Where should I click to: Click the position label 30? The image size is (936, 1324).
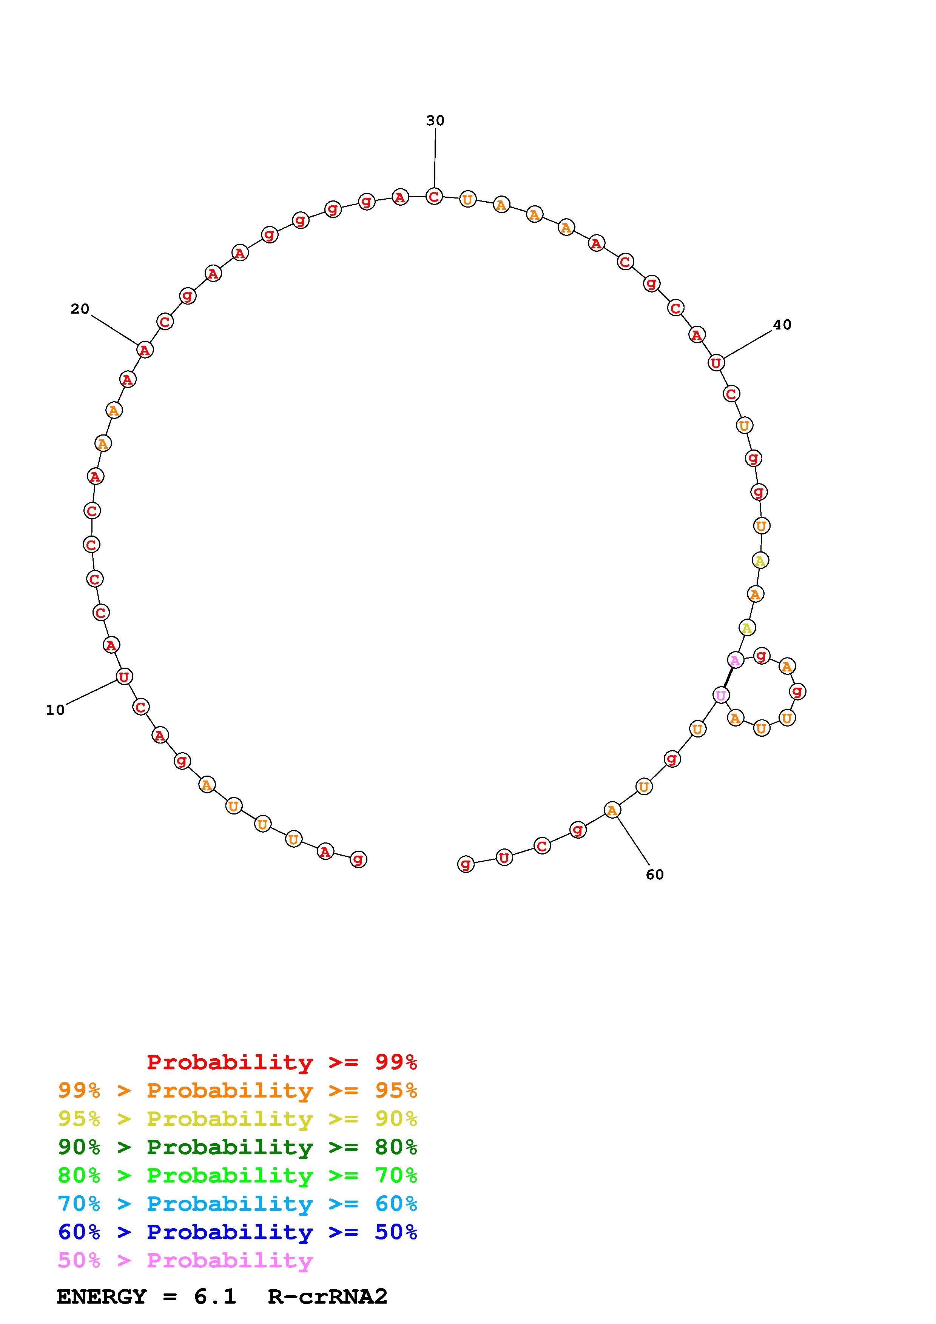point(435,120)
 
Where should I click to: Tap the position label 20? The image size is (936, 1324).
point(80,309)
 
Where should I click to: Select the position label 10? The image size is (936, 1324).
point(56,710)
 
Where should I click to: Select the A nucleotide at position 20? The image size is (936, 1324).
point(145,349)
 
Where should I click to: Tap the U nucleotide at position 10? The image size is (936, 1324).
point(124,676)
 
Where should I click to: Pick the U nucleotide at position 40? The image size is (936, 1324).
point(716,363)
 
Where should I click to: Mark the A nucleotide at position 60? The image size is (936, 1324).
point(612,810)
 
